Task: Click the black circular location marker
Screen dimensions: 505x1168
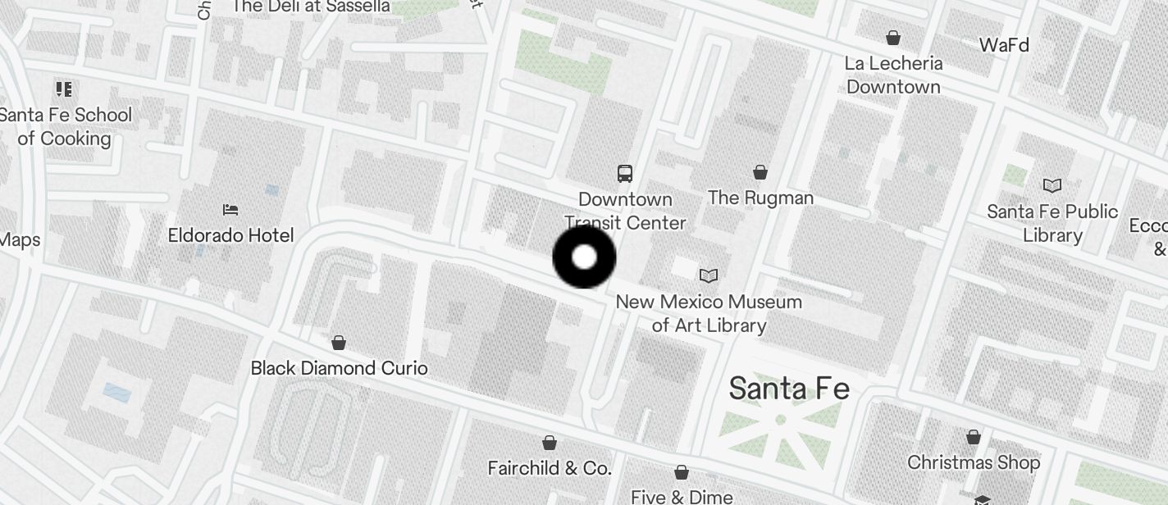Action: (x=584, y=257)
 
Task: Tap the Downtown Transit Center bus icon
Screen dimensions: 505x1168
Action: (x=625, y=173)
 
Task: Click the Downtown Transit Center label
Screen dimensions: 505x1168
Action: (x=625, y=211)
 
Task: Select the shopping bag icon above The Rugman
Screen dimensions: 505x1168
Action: (x=760, y=172)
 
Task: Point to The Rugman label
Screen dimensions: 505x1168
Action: (x=760, y=198)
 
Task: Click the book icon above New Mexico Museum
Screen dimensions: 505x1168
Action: (x=708, y=276)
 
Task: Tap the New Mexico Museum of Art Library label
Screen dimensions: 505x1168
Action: (x=709, y=313)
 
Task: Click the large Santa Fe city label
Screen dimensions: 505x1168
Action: (x=788, y=388)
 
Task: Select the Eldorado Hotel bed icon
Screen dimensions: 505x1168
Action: (x=230, y=210)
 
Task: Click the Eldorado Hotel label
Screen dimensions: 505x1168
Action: (x=230, y=235)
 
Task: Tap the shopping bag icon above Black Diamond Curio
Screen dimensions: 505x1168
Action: (x=339, y=342)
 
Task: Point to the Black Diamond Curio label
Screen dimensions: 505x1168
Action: (x=339, y=368)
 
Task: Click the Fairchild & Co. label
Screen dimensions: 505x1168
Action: (x=550, y=468)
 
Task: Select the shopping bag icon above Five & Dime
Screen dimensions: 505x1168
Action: (x=682, y=472)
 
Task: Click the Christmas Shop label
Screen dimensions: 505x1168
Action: (x=974, y=462)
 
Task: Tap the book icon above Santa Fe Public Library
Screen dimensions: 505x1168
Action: (x=1052, y=186)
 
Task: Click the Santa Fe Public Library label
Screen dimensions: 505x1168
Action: (x=1052, y=223)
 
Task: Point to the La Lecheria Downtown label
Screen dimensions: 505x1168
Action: (x=893, y=75)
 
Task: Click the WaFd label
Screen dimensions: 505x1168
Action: (x=1004, y=45)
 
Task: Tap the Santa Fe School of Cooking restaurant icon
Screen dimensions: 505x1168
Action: (x=64, y=89)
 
